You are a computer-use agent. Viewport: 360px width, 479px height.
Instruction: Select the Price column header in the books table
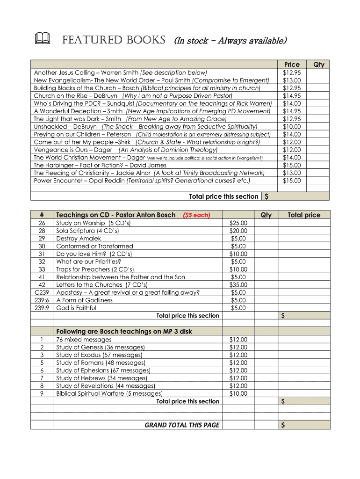pyautogui.click(x=292, y=65)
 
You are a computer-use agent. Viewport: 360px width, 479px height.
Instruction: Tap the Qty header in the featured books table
pyautogui.click(x=318, y=65)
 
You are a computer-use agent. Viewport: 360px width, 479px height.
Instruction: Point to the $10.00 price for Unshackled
pyautogui.click(x=292, y=127)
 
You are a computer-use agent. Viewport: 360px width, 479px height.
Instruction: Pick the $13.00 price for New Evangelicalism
pyautogui.click(x=292, y=80)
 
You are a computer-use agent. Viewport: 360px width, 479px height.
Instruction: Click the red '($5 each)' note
pyautogui.click(x=196, y=215)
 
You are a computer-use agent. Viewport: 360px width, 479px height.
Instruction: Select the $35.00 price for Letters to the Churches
pyautogui.click(x=238, y=285)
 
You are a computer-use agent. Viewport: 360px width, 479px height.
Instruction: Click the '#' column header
pyautogui.click(x=42, y=215)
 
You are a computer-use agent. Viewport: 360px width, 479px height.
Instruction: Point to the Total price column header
pyautogui.click(x=304, y=215)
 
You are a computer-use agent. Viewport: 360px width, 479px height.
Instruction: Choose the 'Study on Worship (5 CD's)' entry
pyautogui.click(x=93, y=223)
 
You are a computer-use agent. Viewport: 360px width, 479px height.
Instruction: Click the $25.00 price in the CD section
pyautogui.click(x=238, y=223)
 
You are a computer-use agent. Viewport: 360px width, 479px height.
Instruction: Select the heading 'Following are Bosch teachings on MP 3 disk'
pyautogui.click(x=124, y=332)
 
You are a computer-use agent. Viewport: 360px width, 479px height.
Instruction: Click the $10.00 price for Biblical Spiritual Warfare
pyautogui.click(x=238, y=393)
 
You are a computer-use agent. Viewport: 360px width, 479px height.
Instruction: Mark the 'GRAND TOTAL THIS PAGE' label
pyautogui.click(x=182, y=425)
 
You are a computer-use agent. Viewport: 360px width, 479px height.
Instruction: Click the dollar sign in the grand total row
pyautogui.click(x=282, y=425)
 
